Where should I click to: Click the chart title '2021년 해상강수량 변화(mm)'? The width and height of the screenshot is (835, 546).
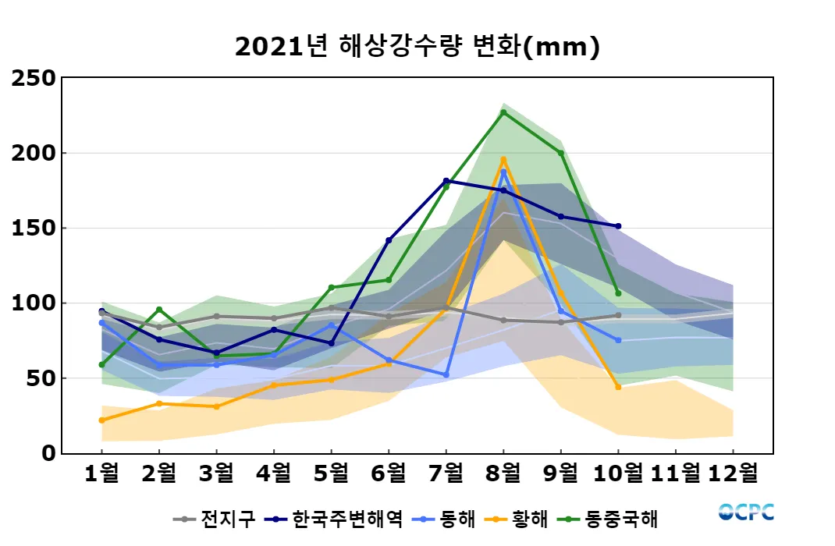pyautogui.click(x=417, y=47)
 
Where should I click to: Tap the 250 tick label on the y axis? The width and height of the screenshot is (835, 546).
pyautogui.click(x=33, y=78)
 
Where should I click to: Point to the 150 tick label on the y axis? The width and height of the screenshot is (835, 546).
pyautogui.click(x=33, y=229)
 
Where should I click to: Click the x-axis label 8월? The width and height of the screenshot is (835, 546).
pyautogui.click(x=503, y=473)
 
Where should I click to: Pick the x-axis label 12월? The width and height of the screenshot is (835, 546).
pyautogui.click(x=732, y=473)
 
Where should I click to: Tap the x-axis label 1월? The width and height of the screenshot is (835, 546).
pyautogui.click(x=102, y=473)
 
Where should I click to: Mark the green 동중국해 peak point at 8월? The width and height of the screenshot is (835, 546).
pyautogui.click(x=503, y=112)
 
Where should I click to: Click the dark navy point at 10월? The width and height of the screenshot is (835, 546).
pyautogui.click(x=618, y=226)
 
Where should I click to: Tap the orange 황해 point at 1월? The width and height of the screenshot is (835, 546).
pyautogui.click(x=102, y=420)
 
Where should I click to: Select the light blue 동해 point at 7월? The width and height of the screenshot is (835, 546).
pyautogui.click(x=446, y=375)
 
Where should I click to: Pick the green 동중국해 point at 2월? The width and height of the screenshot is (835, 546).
pyautogui.click(x=159, y=310)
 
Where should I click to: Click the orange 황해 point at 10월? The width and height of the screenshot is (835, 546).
pyautogui.click(x=618, y=387)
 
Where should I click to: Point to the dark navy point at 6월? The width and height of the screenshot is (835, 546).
pyautogui.click(x=389, y=240)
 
